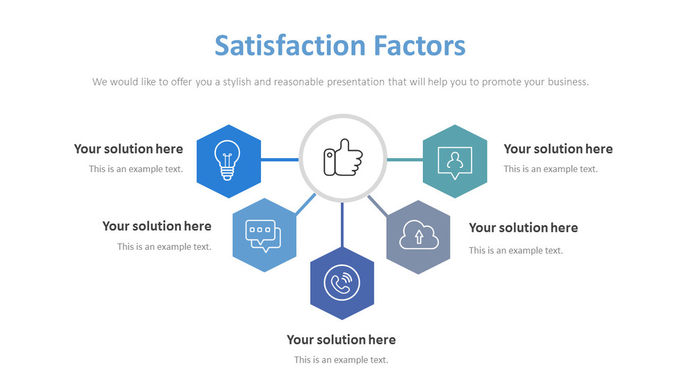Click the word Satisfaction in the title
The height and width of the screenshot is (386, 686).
(290, 46)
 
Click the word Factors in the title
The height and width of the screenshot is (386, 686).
(420, 46)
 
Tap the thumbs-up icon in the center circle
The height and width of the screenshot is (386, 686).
(342, 158)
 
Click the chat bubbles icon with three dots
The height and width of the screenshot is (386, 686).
(263, 235)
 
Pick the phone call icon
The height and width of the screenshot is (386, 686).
(342, 283)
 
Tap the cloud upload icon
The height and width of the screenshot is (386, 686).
(418, 237)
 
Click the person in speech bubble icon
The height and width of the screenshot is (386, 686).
(455, 162)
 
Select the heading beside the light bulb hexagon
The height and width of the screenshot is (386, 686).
(128, 149)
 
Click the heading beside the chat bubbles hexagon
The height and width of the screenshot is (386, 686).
(157, 226)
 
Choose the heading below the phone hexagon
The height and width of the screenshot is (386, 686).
(341, 339)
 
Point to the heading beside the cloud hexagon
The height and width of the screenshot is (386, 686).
(523, 228)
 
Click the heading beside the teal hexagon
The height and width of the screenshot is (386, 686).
(558, 149)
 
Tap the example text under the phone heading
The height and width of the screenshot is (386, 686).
(341, 360)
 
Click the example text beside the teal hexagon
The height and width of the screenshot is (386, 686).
(550, 169)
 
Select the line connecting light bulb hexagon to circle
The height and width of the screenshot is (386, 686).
(280, 160)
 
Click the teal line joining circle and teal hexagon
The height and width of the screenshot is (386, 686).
(404, 160)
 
